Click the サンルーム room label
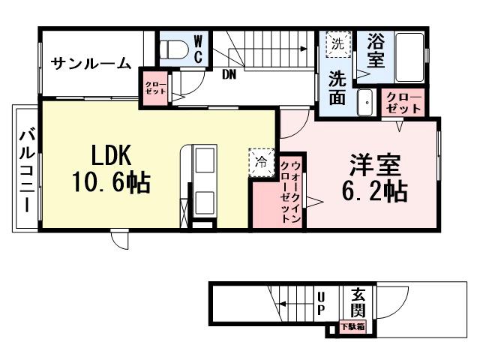[x=91, y=64]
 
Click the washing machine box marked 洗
[x=337, y=43]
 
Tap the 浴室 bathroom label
[x=376, y=49]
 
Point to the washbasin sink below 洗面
[x=366, y=102]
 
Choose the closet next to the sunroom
[x=155, y=85]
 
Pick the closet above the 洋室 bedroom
[x=403, y=103]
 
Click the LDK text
[x=112, y=155]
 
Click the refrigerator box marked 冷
[x=262, y=161]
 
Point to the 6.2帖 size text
[x=374, y=191]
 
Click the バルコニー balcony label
[x=26, y=171]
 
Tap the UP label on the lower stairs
[x=320, y=302]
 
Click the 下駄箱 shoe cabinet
[x=352, y=327]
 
